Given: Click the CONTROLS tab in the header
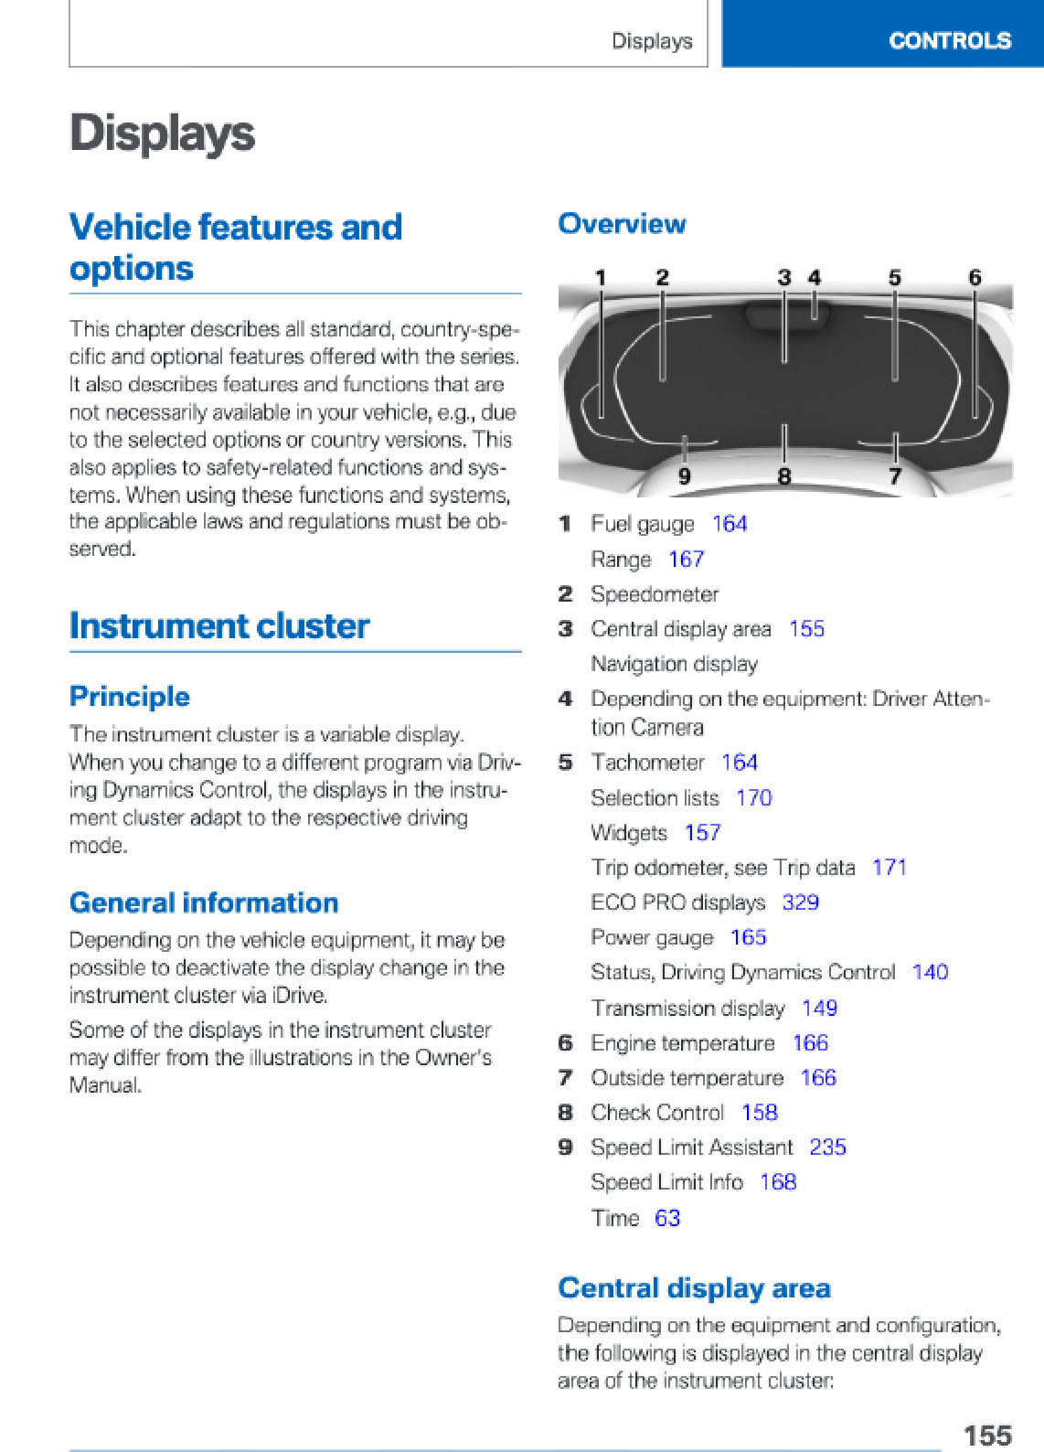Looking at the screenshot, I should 949,41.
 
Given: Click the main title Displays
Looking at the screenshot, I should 163,133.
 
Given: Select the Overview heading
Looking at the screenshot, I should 622,224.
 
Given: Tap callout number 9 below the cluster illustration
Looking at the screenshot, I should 684,476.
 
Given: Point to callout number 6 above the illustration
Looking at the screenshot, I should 975,278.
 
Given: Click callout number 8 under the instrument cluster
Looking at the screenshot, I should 783,476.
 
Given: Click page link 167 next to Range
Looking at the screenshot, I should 686,560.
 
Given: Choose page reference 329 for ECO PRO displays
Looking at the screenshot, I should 800,902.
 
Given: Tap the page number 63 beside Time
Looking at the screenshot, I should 667,1218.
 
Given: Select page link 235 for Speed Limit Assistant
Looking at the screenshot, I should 827,1148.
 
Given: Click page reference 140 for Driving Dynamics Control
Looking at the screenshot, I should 930,972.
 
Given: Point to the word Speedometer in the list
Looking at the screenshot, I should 655,594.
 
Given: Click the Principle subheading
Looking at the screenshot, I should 130,697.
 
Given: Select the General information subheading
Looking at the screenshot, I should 204,903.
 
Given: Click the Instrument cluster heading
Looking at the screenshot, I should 219,626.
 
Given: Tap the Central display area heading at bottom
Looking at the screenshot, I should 694,1288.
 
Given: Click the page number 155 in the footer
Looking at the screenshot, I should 987,1435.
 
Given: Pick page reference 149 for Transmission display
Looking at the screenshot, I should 819,1009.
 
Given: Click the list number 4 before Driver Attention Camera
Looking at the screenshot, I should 566,699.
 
